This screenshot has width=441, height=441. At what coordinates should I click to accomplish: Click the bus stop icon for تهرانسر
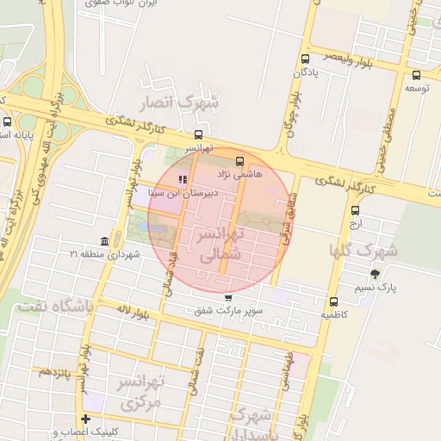[199, 134]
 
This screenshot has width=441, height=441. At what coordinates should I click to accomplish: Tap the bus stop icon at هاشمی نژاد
[239, 160]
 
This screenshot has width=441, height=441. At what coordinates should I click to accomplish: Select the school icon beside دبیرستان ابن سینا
[182, 179]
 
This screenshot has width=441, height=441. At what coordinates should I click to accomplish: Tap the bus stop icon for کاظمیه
[333, 301]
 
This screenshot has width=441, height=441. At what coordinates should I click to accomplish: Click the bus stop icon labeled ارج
[356, 209]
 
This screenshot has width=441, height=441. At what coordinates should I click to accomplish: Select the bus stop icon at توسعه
[417, 75]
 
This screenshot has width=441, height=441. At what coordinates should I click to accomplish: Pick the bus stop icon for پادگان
[306, 59]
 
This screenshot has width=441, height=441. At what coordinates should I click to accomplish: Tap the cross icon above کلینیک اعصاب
[84, 419]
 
